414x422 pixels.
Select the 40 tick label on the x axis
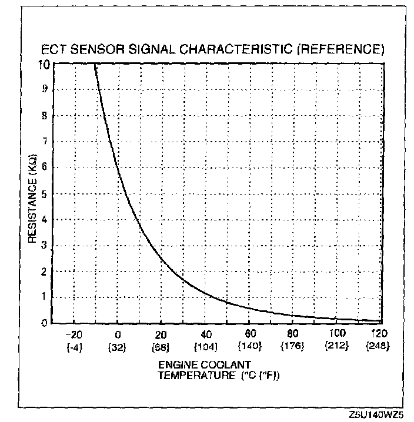pyautogui.click(x=206, y=334)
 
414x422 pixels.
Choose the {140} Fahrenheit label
pyautogui.click(x=249, y=346)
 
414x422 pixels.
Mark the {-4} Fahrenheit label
pyautogui.click(x=74, y=346)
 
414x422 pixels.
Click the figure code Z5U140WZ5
pyautogui.click(x=375, y=415)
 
